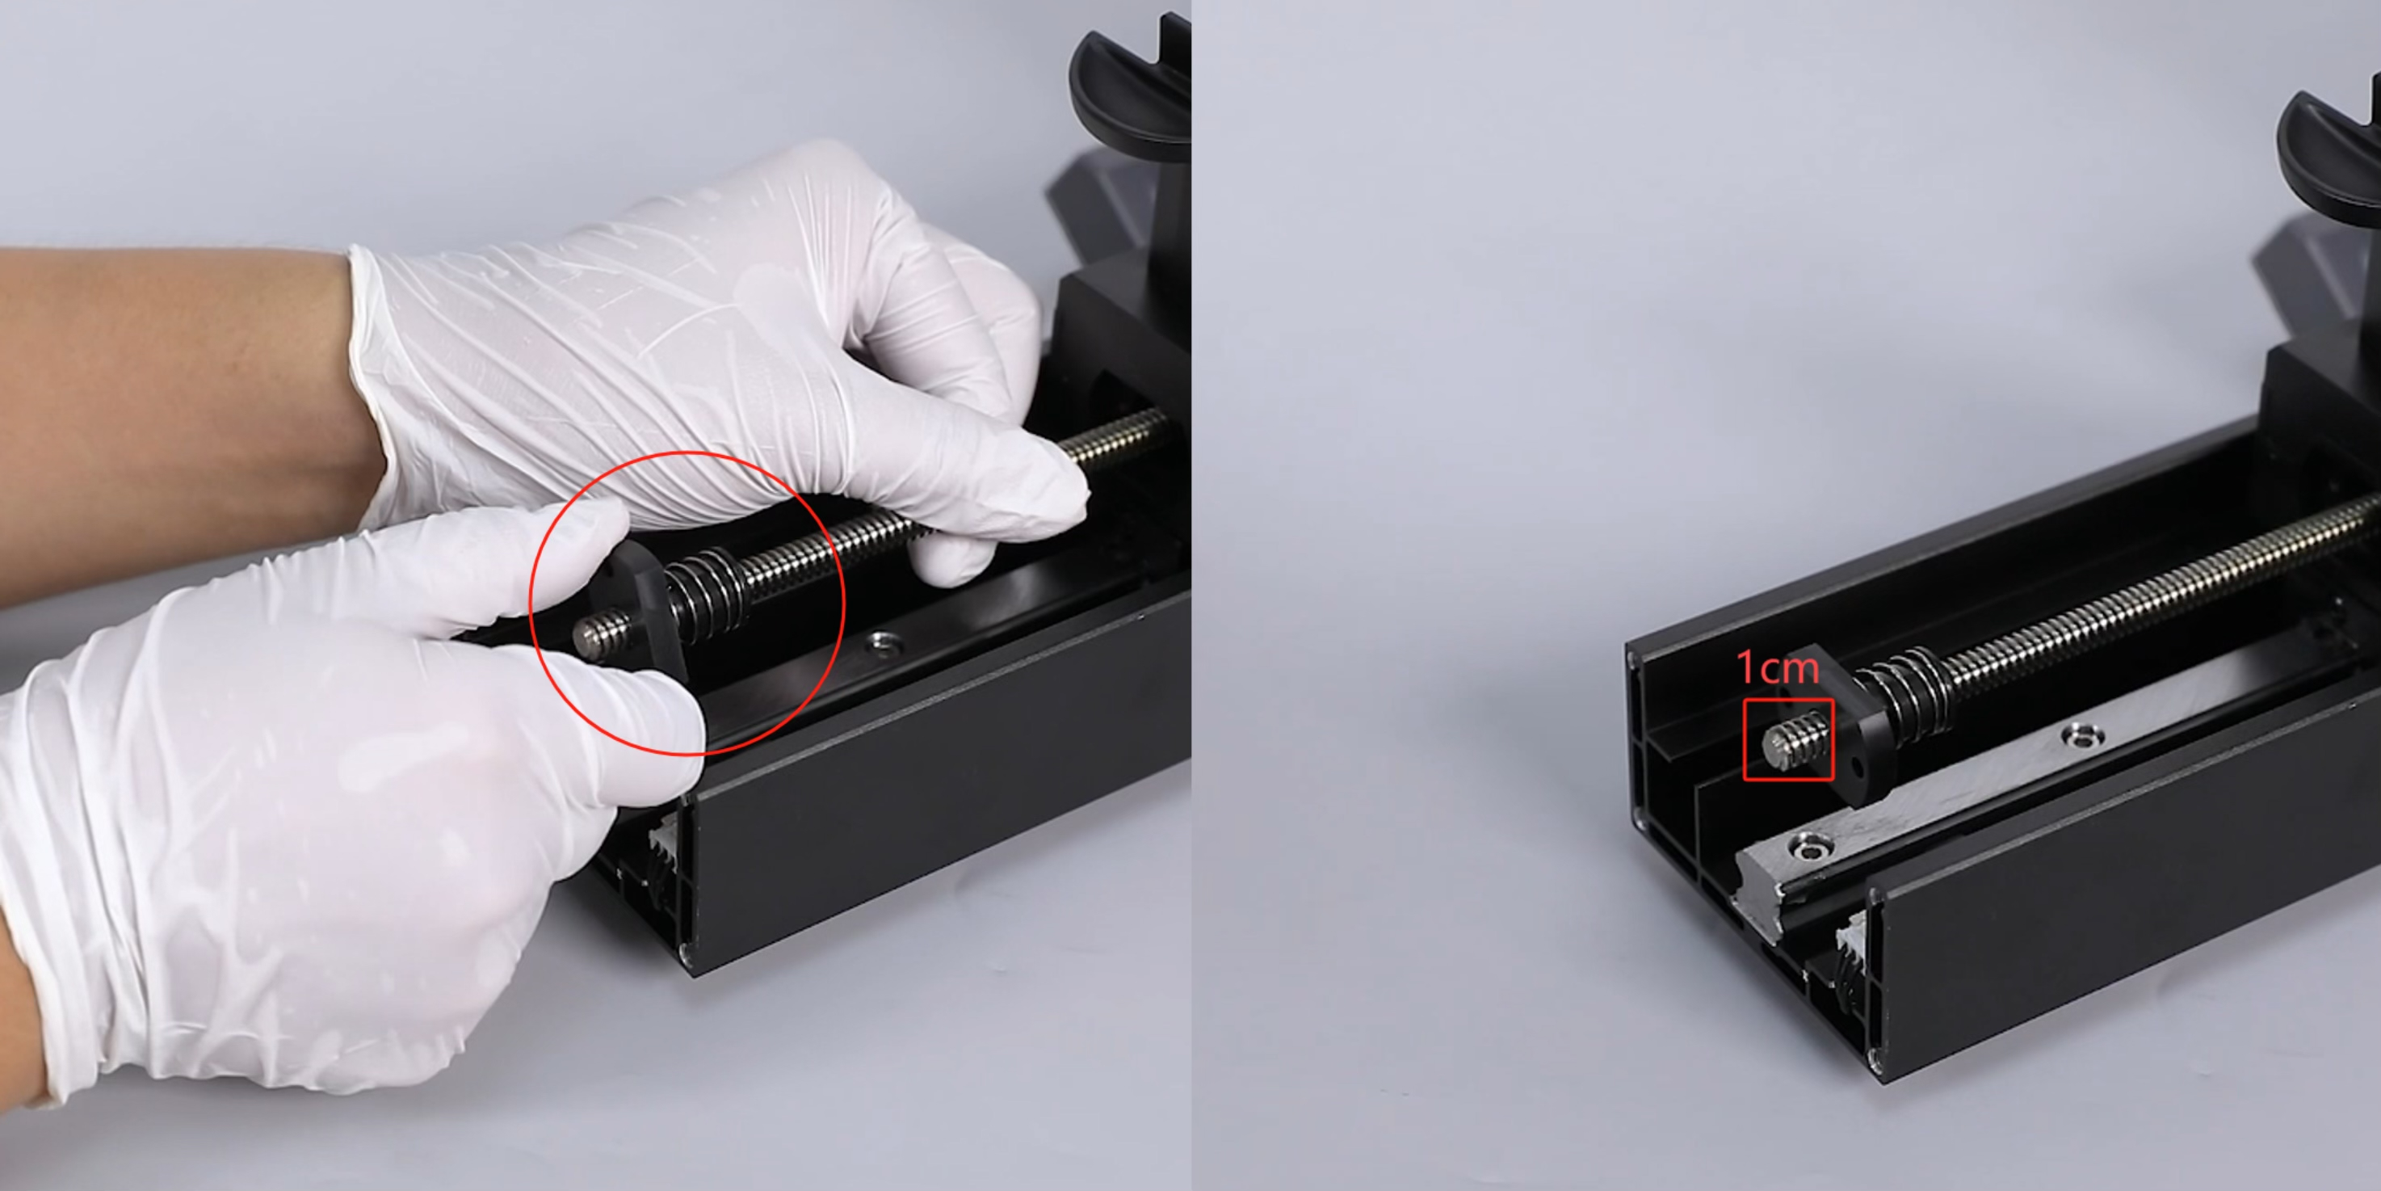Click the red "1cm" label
coord(1778,667)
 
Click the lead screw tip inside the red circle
coord(586,636)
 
